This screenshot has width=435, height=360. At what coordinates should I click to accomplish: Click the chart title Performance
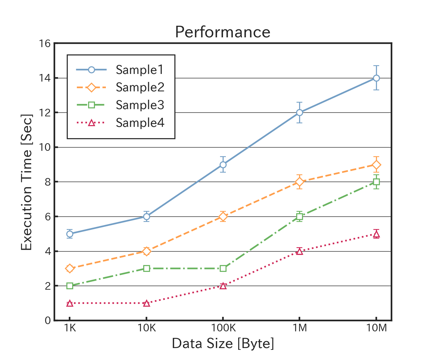tap(223, 32)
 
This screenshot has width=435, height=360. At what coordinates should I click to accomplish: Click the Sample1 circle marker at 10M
tap(376, 78)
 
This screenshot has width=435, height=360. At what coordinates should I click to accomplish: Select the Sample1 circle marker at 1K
tap(70, 234)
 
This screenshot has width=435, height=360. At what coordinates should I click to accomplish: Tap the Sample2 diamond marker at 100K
tap(223, 216)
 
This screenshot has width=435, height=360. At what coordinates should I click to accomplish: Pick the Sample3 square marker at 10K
tap(146, 268)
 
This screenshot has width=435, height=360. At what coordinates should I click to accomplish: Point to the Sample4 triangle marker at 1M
tap(299, 251)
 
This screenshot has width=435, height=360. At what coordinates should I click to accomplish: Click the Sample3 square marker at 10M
tap(376, 182)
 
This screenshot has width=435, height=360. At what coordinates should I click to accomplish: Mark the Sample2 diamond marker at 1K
tap(70, 268)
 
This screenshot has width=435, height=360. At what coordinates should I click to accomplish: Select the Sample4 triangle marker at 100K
tap(223, 286)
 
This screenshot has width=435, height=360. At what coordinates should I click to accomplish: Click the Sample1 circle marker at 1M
tap(299, 112)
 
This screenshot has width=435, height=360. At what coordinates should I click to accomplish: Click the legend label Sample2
tap(140, 87)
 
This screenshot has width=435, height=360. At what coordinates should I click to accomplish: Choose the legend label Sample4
tap(140, 123)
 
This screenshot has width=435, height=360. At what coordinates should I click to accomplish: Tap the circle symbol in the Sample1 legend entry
tap(91, 70)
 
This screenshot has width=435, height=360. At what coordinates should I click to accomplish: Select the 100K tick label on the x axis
tap(223, 329)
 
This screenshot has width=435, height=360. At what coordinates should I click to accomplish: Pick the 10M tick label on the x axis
tap(376, 329)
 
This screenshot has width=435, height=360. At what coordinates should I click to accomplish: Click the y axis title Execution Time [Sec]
tap(26, 182)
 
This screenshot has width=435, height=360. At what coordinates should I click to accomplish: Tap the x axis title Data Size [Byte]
tap(223, 343)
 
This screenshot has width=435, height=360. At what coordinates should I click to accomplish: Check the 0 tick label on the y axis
tap(47, 320)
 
